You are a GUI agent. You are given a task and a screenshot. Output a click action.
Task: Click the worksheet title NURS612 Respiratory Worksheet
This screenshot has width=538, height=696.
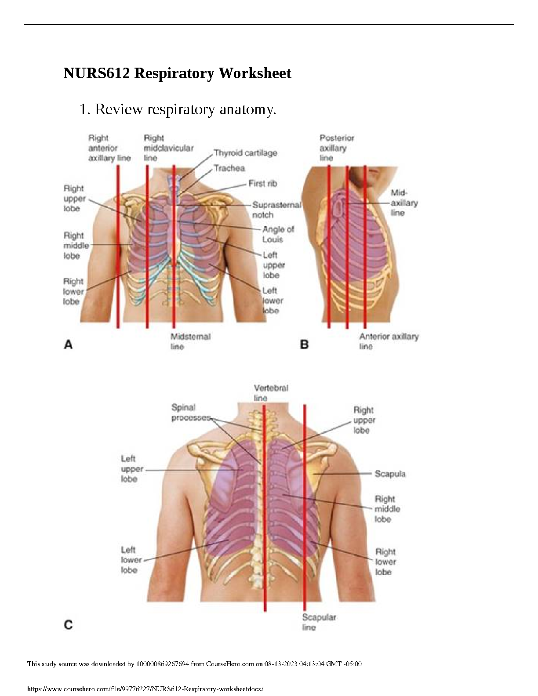click(x=177, y=73)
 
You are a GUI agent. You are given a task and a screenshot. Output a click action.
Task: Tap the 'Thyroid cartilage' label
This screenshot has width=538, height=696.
click(x=245, y=153)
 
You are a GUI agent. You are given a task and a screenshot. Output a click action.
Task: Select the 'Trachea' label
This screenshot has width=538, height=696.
click(x=229, y=168)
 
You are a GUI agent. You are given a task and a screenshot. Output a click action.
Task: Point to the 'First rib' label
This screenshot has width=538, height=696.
click(x=262, y=183)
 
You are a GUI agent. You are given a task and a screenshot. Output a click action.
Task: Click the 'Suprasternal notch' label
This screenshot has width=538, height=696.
click(x=276, y=210)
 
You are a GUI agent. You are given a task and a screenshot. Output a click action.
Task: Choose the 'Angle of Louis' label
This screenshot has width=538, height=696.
click(x=278, y=234)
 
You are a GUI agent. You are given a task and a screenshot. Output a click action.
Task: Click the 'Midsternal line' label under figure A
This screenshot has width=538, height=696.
click(x=190, y=341)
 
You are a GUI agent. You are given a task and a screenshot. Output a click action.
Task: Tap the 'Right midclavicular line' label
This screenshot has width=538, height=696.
click(x=168, y=148)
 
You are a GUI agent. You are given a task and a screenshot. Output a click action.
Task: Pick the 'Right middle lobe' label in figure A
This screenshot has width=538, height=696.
click(x=76, y=246)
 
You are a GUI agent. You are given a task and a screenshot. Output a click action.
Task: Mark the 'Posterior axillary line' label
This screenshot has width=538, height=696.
click(x=336, y=148)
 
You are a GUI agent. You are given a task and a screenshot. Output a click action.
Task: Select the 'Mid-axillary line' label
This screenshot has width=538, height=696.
click(x=403, y=203)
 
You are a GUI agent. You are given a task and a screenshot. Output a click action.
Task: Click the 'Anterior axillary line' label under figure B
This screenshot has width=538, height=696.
click(x=389, y=341)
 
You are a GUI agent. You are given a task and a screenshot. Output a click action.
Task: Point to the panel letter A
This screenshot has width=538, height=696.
click(x=68, y=345)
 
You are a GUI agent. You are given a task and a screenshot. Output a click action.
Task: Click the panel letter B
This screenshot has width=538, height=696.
click(x=304, y=344)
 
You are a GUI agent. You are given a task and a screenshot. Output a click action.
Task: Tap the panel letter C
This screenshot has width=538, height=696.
click(x=68, y=624)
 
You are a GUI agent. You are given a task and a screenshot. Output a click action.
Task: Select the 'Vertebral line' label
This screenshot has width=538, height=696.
click(x=271, y=393)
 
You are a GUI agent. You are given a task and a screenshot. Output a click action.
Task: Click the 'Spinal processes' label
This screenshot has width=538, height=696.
click(x=190, y=413)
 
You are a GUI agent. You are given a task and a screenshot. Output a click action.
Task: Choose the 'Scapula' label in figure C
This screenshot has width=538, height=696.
click(x=390, y=474)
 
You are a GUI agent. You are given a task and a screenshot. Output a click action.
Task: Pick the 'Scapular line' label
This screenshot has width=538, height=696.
click(x=319, y=622)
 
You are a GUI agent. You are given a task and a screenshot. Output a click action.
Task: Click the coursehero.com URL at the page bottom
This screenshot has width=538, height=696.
click(x=145, y=689)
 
